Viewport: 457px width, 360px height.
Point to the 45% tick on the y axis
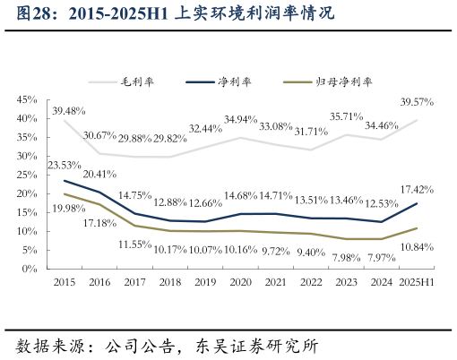[27, 100]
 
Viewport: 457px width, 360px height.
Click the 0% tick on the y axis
[30, 269]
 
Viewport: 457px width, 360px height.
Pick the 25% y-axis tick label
[27, 176]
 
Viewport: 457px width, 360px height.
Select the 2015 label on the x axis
[64, 283]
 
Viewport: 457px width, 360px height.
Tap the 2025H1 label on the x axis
[417, 283]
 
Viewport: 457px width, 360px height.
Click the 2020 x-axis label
[240, 283]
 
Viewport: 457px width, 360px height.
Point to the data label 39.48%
[69, 111]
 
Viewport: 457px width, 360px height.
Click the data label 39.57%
[418, 101]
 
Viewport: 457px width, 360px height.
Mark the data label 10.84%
[418, 245]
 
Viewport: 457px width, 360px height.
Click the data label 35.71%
[347, 116]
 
